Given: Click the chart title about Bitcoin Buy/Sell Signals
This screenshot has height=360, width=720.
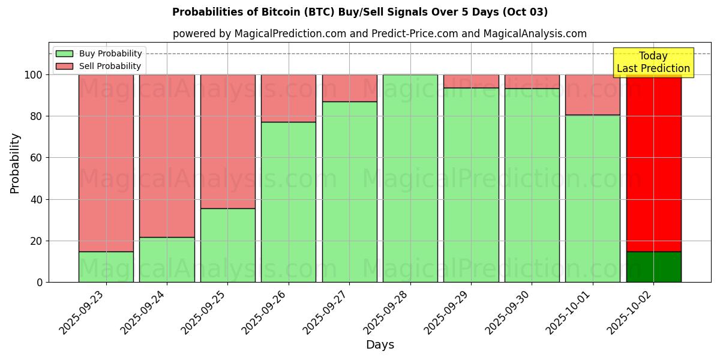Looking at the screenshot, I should (x=359, y=12).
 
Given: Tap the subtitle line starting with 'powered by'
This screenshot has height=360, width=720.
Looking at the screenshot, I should (x=379, y=34).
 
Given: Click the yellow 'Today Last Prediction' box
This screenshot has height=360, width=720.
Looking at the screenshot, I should (x=653, y=62).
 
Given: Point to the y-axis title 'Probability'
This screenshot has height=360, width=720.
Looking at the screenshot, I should (x=15, y=163).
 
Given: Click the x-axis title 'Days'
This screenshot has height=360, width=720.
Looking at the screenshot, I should (x=380, y=345).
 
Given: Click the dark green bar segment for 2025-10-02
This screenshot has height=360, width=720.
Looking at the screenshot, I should (x=653, y=267).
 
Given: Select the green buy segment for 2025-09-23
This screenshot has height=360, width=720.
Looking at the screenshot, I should (x=106, y=267).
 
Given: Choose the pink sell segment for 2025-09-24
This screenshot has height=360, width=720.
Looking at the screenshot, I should (x=167, y=156).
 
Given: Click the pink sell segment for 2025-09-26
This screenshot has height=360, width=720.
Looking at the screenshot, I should (x=289, y=98).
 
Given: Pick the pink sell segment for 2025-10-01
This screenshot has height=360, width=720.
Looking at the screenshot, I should (x=593, y=95).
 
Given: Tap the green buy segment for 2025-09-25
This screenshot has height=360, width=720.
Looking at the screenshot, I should (x=228, y=245).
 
